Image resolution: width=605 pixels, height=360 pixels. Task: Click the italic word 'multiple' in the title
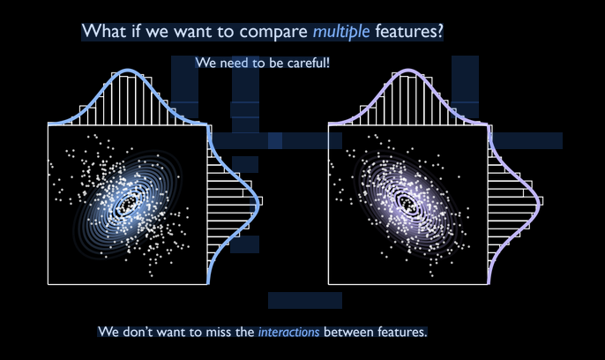[x=341, y=32]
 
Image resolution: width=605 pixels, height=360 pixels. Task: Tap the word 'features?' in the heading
[x=409, y=31]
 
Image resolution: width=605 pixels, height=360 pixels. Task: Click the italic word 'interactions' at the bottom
[x=288, y=332]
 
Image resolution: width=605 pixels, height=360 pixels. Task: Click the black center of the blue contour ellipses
[x=129, y=203]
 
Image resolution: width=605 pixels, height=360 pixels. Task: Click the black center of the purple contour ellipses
[x=407, y=202]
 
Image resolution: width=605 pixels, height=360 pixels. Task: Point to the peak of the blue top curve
[x=128, y=71]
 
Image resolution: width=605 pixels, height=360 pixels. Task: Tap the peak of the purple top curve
[x=407, y=71]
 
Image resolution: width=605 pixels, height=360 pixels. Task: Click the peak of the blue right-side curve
[x=258, y=201]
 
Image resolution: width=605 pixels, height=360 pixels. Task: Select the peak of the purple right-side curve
[x=538, y=201]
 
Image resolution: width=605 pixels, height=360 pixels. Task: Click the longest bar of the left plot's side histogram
[x=235, y=201]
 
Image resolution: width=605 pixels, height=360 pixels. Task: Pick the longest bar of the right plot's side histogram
[x=515, y=201]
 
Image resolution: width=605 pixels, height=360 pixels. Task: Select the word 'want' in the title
[x=192, y=32]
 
